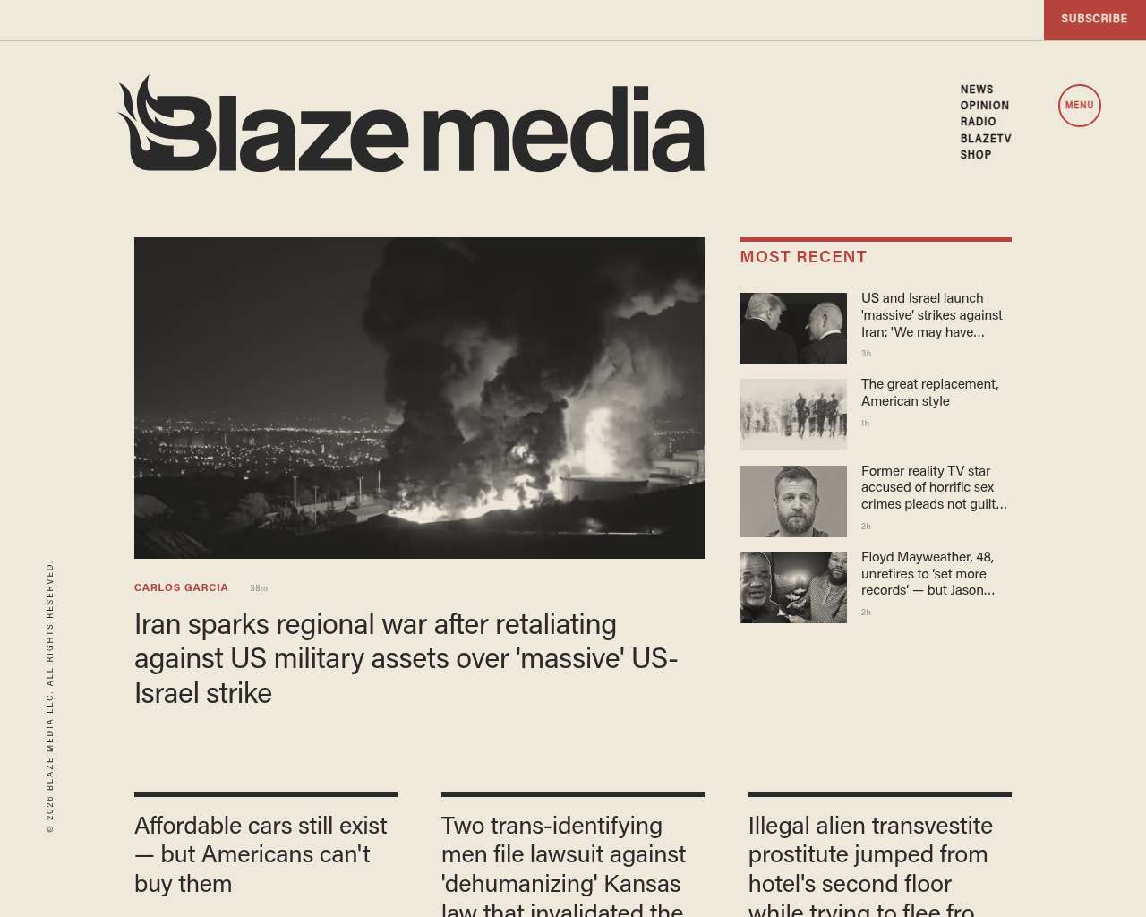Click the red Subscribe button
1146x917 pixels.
point(1094,19)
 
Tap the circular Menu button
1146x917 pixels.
point(1079,106)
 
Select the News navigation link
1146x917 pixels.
point(977,90)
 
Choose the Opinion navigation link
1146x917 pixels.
point(984,106)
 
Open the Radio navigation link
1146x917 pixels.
point(978,122)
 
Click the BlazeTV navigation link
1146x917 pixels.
point(985,139)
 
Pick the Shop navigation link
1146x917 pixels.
point(975,155)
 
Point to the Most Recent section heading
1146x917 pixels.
point(803,257)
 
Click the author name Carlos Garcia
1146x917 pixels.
point(181,588)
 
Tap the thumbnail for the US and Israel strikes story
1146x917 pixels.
point(792,329)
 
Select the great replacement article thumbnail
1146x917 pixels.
point(792,415)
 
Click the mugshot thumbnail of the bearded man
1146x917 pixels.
point(792,501)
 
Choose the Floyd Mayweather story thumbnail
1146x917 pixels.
point(792,587)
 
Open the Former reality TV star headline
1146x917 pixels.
point(933,487)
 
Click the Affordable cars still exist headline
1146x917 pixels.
point(261,854)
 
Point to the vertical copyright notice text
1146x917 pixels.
point(50,697)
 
